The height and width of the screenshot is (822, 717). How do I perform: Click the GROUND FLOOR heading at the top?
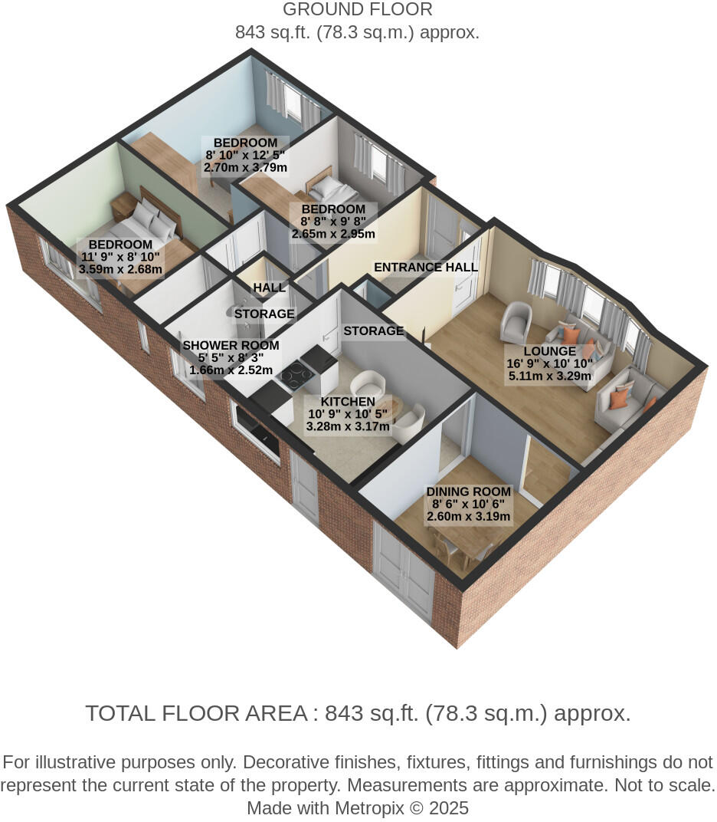coord(358,10)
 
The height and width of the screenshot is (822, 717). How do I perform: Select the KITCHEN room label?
coord(348,402)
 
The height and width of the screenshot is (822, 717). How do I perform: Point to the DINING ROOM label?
coord(469,492)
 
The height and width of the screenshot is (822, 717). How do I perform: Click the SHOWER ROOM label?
coord(231,345)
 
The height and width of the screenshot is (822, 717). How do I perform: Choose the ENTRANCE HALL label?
coord(425,268)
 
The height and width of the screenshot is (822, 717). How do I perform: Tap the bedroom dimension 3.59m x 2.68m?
coord(120,270)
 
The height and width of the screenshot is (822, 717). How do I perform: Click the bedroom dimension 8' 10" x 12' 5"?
coord(245,155)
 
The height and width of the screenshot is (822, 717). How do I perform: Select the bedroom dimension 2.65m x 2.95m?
coord(333,234)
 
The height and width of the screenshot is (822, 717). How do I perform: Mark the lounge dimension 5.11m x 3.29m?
coord(549,376)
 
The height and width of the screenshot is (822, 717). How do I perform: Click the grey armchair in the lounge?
coord(516,321)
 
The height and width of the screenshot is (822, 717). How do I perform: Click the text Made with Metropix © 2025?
coord(358,808)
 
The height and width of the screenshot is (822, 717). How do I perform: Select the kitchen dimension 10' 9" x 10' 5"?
coord(348,414)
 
